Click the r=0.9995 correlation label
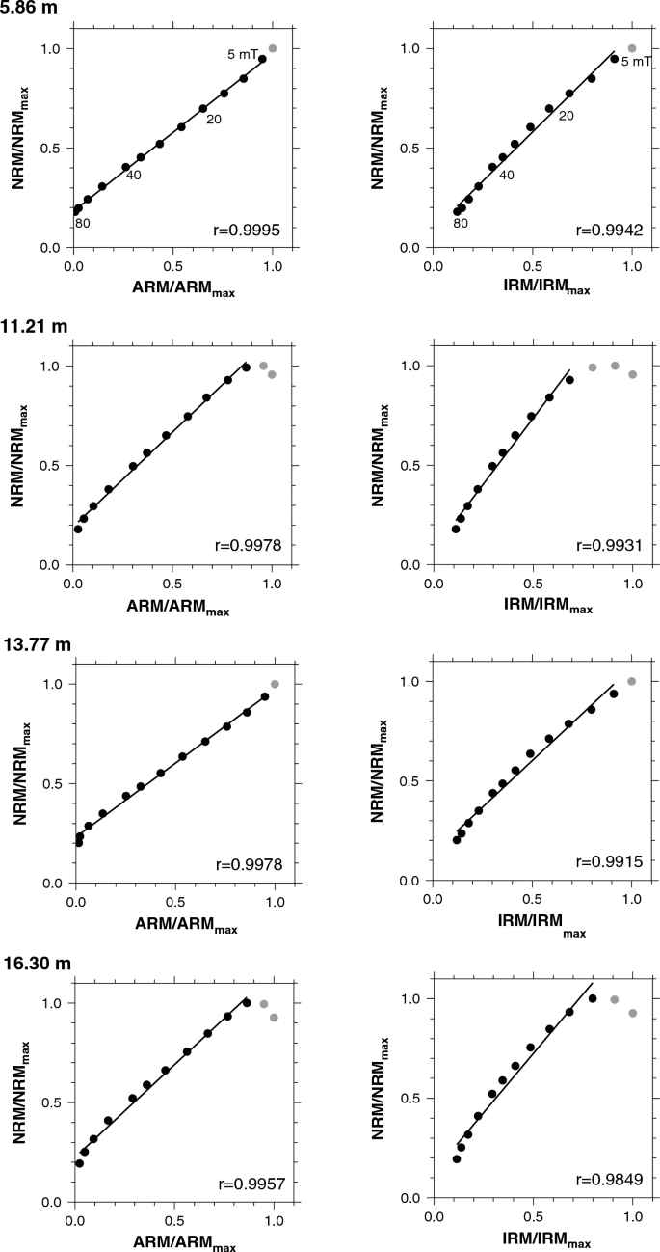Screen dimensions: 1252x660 coord(246,230)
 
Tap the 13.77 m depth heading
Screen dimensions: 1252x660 coord(34,643)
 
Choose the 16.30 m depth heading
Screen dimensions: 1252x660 coord(34,963)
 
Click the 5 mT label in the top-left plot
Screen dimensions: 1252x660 coord(243,54)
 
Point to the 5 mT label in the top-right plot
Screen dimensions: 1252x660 coord(637,63)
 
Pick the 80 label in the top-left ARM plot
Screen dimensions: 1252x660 coord(83,224)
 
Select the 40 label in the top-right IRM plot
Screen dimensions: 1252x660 coord(506,175)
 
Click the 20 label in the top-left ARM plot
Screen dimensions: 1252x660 coord(212,121)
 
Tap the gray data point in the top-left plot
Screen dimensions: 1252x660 coord(273,48)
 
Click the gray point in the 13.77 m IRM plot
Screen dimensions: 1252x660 coord(632,681)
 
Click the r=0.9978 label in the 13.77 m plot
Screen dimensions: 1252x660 coord(246,864)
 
